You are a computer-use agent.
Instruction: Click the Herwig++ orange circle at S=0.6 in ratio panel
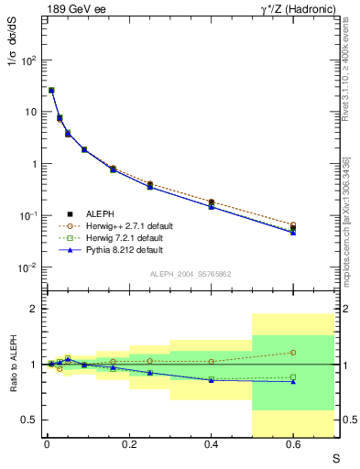pos(293,352)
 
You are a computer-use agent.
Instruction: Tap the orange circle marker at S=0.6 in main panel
pos(293,224)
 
